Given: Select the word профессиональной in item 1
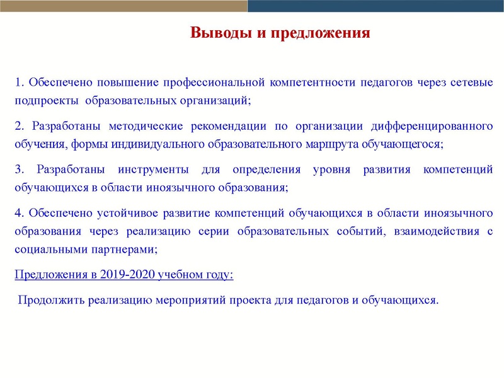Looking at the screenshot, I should (214, 83).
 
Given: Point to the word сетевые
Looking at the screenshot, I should (472, 83).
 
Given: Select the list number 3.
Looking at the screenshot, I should (18, 169).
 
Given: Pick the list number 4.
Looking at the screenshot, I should (18, 213).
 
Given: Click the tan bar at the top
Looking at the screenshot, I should (123, 6).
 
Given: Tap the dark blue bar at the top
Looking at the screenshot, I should (375, 6).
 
